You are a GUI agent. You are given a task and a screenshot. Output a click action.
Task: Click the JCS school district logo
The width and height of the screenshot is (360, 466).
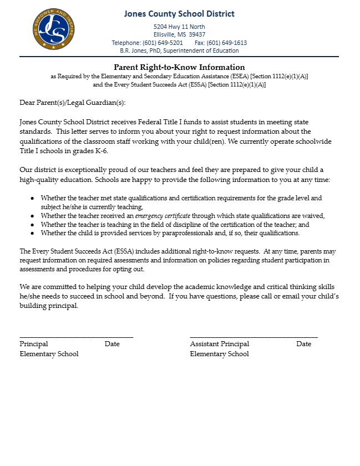(x=53, y=29)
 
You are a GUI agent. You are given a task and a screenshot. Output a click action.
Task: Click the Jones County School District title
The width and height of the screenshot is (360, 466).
(x=179, y=14)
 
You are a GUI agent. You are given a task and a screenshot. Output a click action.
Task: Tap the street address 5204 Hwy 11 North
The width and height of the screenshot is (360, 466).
(x=179, y=27)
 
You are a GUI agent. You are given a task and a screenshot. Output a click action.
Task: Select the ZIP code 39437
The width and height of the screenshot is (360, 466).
(x=197, y=34)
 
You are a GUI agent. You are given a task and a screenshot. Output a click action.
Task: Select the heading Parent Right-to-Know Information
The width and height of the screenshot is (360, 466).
(x=179, y=68)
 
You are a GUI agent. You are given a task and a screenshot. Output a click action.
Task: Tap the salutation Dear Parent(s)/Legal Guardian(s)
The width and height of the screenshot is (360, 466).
(x=73, y=103)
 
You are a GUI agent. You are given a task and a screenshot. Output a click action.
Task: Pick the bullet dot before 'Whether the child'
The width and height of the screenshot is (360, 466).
(x=32, y=234)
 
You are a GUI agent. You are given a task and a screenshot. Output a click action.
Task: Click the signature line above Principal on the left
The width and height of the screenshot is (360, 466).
(x=76, y=336)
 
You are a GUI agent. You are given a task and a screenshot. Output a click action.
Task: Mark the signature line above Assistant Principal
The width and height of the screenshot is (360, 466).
(x=253, y=336)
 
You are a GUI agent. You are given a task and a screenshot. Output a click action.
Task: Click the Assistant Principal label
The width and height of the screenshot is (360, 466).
(x=220, y=344)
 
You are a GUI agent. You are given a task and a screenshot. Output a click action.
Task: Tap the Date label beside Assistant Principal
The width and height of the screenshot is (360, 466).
(x=303, y=344)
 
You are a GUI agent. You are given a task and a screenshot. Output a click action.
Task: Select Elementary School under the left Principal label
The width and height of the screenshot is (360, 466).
(x=49, y=354)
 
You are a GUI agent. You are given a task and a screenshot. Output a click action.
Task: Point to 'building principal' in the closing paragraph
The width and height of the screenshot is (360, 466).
(x=48, y=306)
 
